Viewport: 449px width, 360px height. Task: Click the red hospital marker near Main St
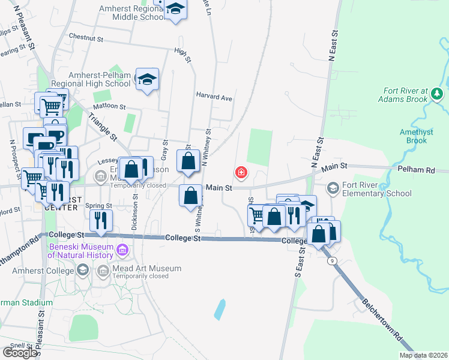[241, 173]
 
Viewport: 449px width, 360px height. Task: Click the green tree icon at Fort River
[436, 94]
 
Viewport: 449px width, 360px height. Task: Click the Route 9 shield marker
[331, 260]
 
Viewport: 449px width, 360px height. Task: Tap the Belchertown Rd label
[382, 320]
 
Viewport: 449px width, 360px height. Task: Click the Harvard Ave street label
[214, 96]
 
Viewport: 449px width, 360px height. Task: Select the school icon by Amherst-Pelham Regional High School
[146, 79]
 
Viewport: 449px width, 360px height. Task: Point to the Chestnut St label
[86, 37]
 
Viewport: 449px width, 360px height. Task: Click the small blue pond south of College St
[220, 309]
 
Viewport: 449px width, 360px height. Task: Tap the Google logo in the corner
[20, 352]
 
